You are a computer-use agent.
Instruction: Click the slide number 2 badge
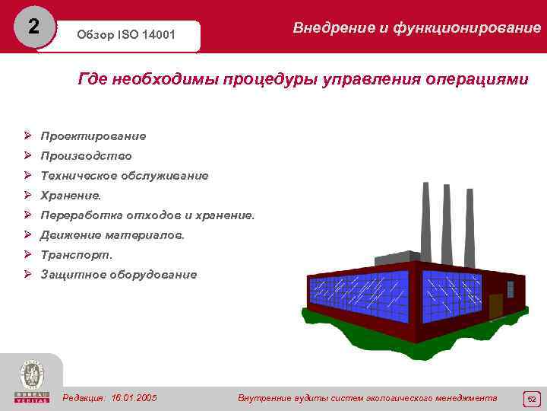pos(32,27)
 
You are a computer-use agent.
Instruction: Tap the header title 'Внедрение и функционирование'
pos(416,28)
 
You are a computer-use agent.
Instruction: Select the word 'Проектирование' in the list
pos(93,136)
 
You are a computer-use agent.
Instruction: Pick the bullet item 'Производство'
pos(86,156)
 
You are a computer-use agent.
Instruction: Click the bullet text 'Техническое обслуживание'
pos(124,176)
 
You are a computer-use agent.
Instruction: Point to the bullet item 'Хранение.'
pos(71,196)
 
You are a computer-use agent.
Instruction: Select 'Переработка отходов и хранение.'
pos(147,215)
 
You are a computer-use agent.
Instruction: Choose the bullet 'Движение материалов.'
pos(112,235)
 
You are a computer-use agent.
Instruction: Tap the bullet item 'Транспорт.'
pos(76,255)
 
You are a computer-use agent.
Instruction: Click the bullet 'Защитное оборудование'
pos(119,275)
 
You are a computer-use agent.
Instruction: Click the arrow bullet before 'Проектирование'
pos(27,136)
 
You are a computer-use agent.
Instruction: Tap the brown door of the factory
pos(495,306)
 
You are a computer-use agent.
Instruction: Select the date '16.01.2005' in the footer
pos(134,398)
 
